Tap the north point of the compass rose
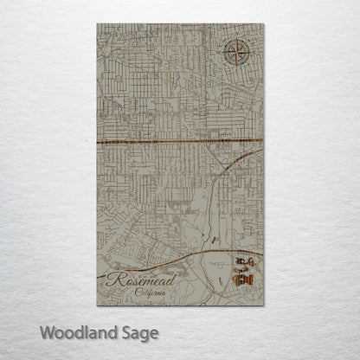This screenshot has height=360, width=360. click(236, 41)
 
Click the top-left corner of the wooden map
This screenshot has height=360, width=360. click(97, 24)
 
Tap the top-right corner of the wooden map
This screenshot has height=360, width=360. click(263, 24)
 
